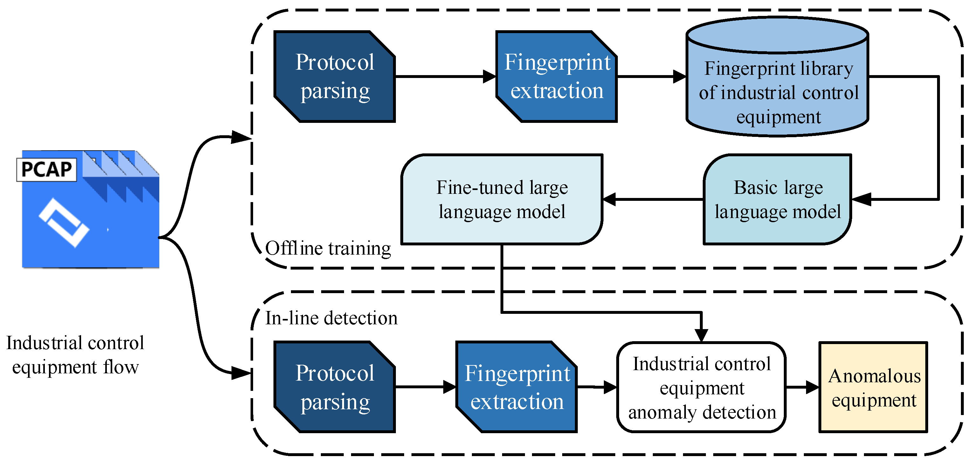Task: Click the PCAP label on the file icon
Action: click(46, 169)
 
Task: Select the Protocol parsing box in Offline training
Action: click(335, 77)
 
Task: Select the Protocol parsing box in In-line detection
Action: click(335, 387)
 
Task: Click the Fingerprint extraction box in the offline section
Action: click(556, 77)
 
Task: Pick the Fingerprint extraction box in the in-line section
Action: click(517, 387)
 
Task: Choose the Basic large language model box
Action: click(777, 199)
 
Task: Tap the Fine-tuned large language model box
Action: click(502, 199)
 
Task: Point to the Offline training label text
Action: click(328, 249)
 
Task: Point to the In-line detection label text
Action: click(331, 318)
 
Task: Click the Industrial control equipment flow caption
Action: click(75, 355)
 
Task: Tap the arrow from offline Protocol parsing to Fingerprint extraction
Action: click(446, 77)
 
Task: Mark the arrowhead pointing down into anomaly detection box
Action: click(701, 334)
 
